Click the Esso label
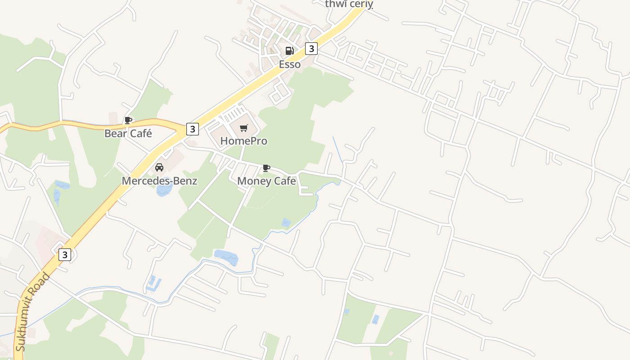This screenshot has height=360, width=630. pyautogui.click(x=289, y=64)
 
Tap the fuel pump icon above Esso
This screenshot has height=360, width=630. pyautogui.click(x=289, y=50)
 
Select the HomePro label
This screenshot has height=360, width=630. pyautogui.click(x=243, y=141)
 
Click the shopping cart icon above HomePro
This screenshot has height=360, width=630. pyautogui.click(x=244, y=128)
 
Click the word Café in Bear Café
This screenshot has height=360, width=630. pyautogui.click(x=140, y=134)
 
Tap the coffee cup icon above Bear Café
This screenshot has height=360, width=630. pyautogui.click(x=128, y=120)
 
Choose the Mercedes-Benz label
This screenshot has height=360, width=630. pyautogui.click(x=159, y=181)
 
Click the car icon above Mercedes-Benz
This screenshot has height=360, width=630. pyautogui.click(x=159, y=167)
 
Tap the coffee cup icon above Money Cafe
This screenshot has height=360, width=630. pyautogui.click(x=266, y=168)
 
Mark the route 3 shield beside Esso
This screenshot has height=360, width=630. pyautogui.click(x=311, y=48)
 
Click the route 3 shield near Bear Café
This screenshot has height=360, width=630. pyautogui.click(x=192, y=129)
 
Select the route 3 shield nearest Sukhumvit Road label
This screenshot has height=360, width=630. pyautogui.click(x=65, y=255)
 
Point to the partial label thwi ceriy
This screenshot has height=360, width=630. pyautogui.click(x=349, y=4)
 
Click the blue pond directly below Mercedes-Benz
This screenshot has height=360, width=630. pyautogui.click(x=164, y=190)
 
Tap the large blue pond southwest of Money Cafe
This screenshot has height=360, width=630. pyautogui.click(x=226, y=257)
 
